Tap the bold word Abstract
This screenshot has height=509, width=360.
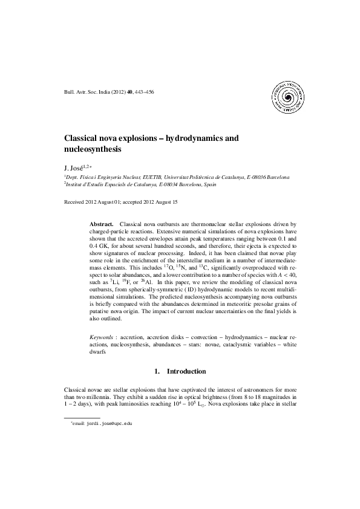pyautogui.click(x=101, y=224)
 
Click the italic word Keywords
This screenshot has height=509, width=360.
pyautogui.click(x=102, y=334)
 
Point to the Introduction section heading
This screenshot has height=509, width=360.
pyautogui.click(x=186, y=371)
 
